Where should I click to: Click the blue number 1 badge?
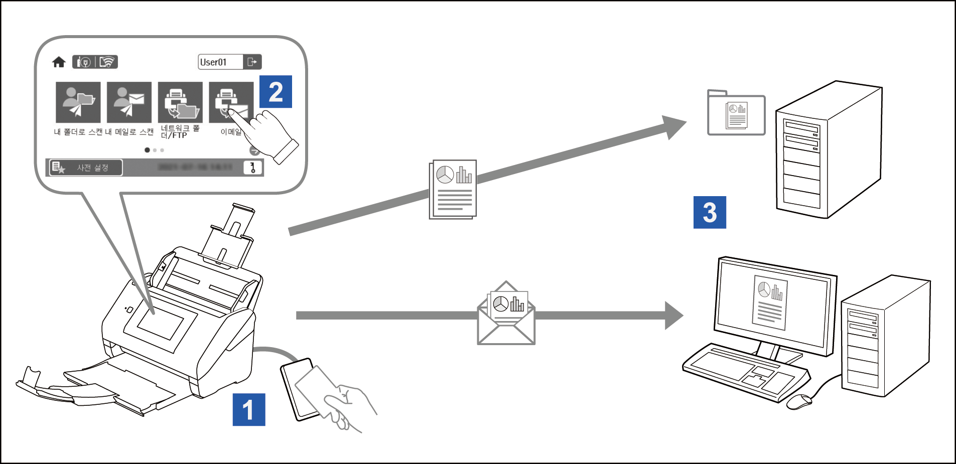(x=248, y=409)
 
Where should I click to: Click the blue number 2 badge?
(x=276, y=92)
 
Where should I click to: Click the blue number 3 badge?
(x=709, y=212)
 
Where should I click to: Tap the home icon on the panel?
(x=59, y=62)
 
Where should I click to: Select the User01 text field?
(x=220, y=62)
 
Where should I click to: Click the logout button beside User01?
(x=252, y=62)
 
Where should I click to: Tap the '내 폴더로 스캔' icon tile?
(x=78, y=102)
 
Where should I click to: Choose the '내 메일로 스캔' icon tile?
(x=129, y=102)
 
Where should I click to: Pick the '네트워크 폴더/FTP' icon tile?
(x=180, y=102)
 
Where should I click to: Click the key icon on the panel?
(x=253, y=168)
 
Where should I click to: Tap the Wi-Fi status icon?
(x=107, y=62)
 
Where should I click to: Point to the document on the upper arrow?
(x=453, y=190)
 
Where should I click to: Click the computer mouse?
(x=798, y=401)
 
